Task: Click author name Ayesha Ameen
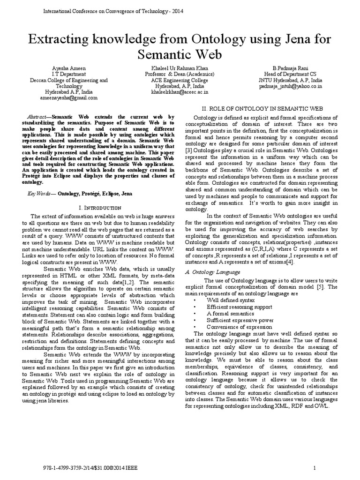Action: click(x=69, y=68)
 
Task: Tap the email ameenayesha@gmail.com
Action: click(x=69, y=98)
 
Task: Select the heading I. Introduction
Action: click(x=100, y=207)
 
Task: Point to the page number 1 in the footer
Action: click(x=315, y=468)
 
